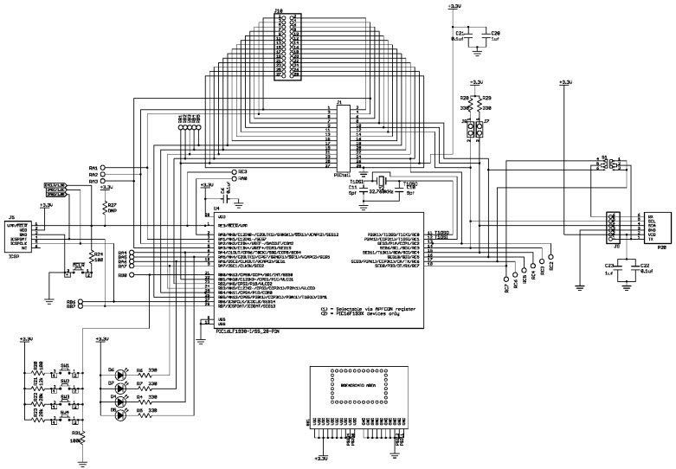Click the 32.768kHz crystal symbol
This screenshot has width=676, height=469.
click(379, 183)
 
